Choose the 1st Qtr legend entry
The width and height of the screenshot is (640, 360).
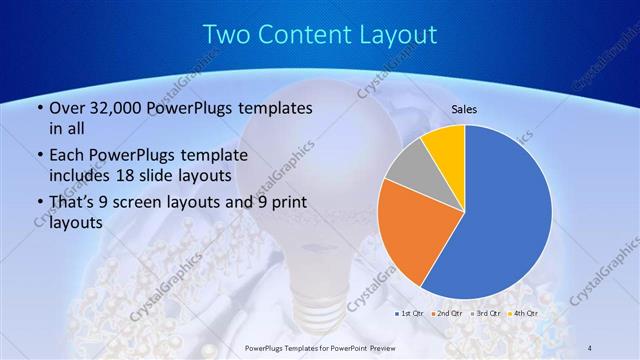coord(411,314)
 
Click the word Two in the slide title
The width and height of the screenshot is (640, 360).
coord(226,35)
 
